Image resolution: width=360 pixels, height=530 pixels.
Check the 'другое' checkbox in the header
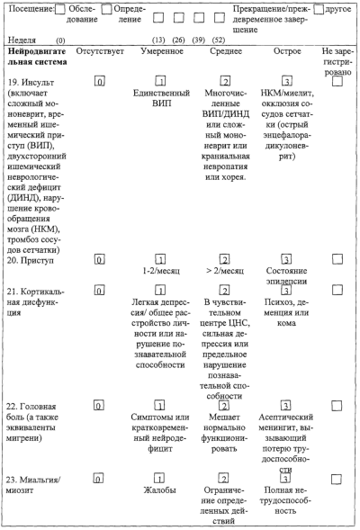coord(319,10)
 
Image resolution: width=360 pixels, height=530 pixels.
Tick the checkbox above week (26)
coord(179,18)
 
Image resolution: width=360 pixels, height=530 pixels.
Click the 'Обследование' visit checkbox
coord(59,10)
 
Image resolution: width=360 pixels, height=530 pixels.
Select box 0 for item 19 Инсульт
coord(99,82)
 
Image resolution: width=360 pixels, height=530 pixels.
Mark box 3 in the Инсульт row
coord(286,81)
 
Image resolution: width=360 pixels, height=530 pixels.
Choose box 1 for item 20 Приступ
coord(160,259)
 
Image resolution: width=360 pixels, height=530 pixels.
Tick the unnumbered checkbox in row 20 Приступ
coord(337,259)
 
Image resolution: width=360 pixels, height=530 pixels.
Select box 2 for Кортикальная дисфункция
coord(224,290)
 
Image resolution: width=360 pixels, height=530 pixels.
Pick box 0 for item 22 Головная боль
coord(98,405)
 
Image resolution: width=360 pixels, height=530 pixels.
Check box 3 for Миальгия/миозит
coord(285,479)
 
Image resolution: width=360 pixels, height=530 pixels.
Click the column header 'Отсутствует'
coord(100,51)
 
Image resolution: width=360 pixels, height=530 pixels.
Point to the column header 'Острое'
coord(287,51)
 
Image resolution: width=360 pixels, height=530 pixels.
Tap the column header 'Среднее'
coord(226,51)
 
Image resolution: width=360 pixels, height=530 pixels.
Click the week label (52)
coord(219,40)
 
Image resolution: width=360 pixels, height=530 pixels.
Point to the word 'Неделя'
coord(22,40)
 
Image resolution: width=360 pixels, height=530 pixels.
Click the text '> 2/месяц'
coord(225,271)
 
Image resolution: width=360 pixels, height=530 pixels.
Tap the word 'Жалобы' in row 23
coord(159,490)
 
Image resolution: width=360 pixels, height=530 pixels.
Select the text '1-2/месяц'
coord(161,271)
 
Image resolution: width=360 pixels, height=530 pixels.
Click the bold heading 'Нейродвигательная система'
coord(37,57)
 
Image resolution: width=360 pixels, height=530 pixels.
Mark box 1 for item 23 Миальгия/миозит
coord(159,479)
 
